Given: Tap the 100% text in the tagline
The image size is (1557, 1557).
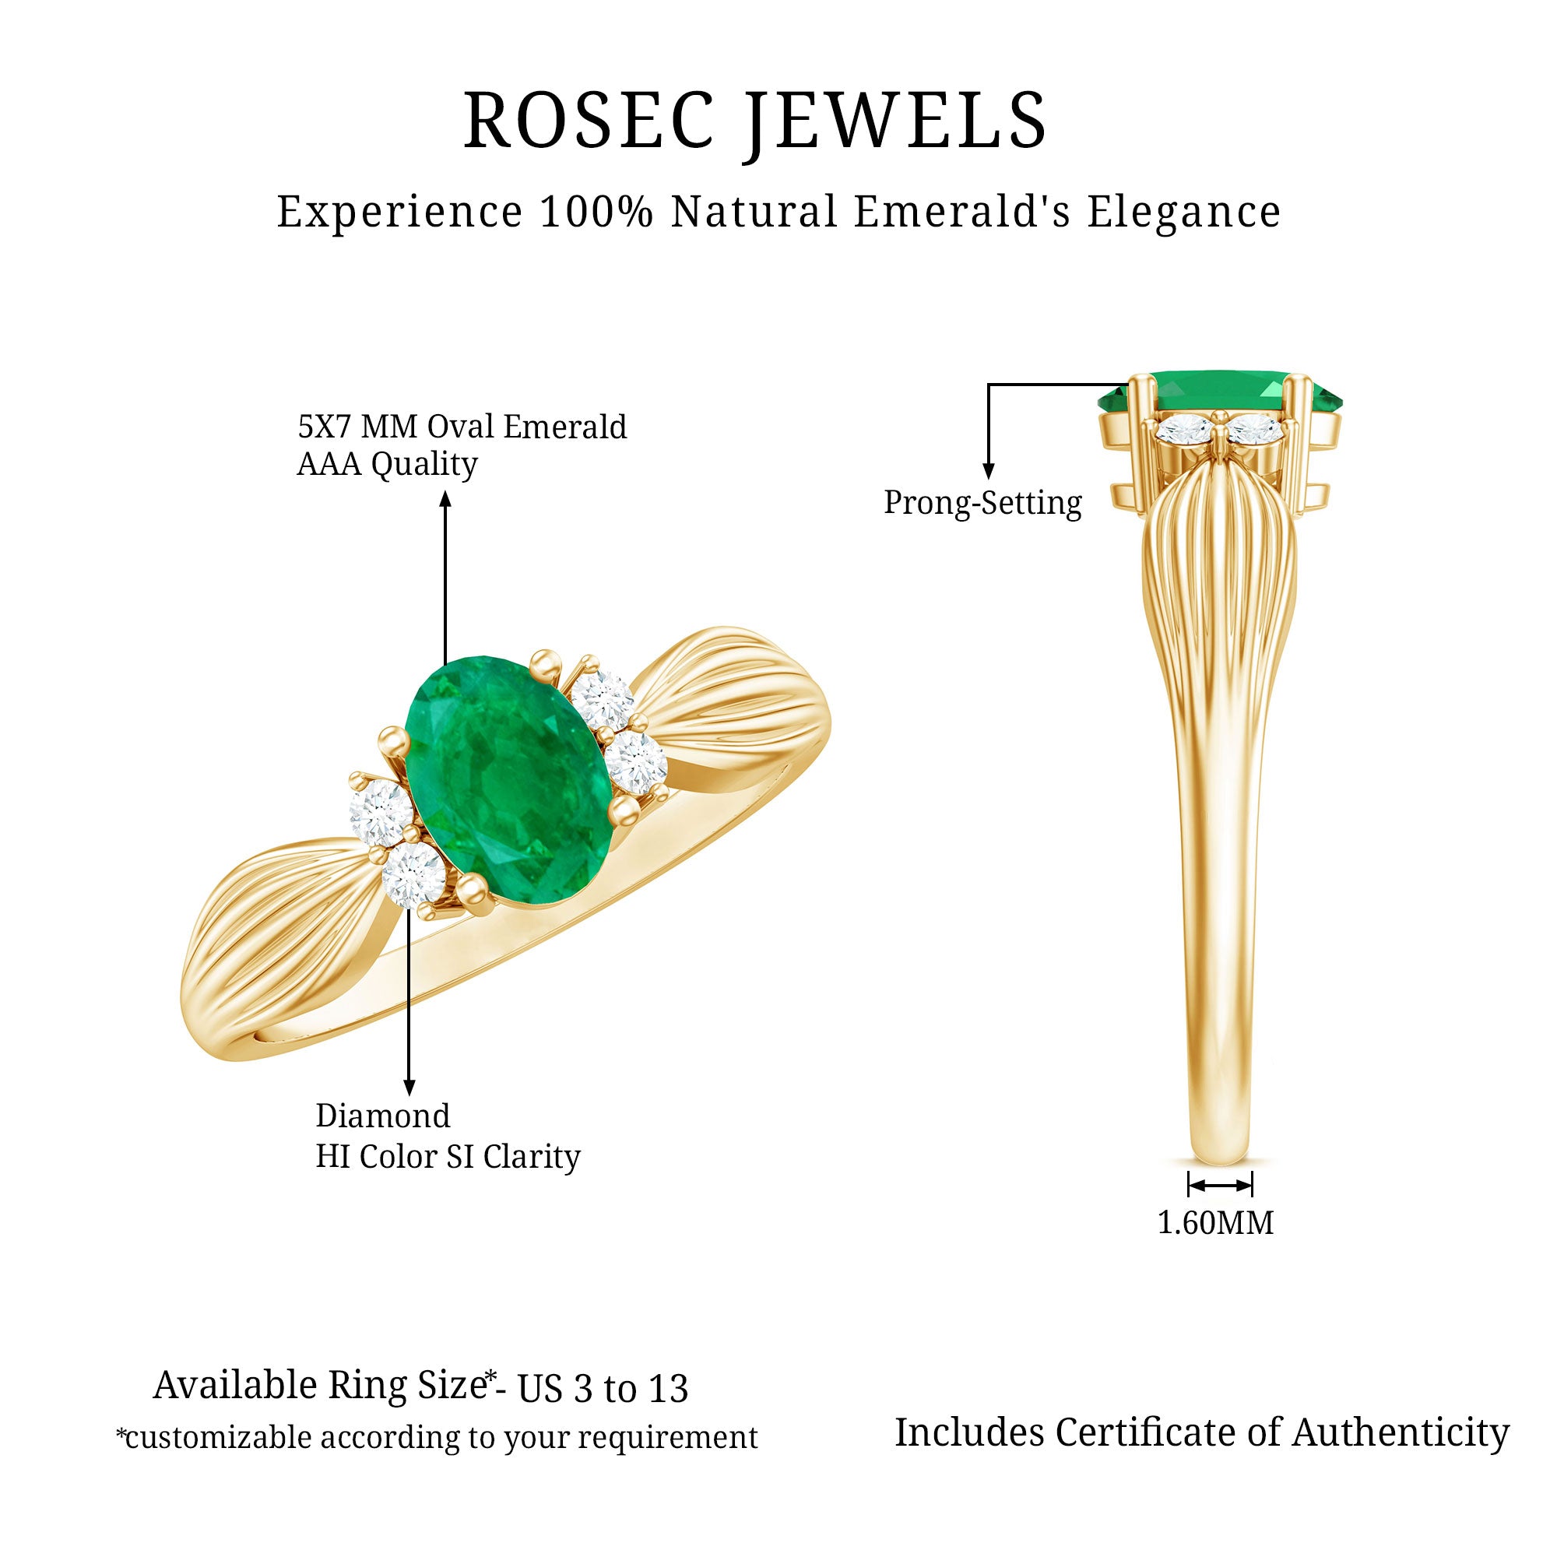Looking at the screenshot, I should (x=596, y=212).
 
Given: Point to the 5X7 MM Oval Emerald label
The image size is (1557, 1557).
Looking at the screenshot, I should (x=462, y=427).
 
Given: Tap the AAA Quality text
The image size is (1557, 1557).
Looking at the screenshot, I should (x=387, y=464).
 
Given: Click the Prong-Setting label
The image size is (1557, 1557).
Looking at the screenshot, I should (x=982, y=503).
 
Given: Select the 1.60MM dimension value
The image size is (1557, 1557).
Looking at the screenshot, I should (x=1215, y=1222).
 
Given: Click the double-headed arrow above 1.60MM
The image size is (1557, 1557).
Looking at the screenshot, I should (x=1219, y=1185).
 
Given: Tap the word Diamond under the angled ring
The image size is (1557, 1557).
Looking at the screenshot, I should (x=383, y=1116).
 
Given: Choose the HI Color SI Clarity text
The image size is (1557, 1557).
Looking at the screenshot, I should (x=448, y=1157).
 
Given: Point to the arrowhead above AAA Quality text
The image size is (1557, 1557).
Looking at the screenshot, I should (x=445, y=500).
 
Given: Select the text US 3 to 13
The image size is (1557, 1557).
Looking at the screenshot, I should (x=602, y=1389).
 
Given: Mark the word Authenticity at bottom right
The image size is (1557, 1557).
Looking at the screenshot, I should (x=1401, y=1432).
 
